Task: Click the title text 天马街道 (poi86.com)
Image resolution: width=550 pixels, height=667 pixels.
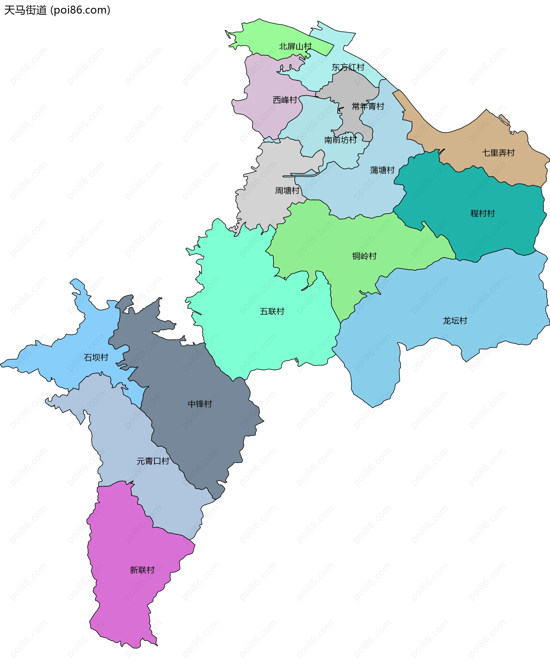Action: point(57,10)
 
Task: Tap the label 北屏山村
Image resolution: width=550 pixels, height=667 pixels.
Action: point(295,47)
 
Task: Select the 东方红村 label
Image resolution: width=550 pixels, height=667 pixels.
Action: point(348,67)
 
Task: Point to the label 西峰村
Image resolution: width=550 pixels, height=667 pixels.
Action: point(285,100)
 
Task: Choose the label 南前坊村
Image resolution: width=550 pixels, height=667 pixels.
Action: point(340,140)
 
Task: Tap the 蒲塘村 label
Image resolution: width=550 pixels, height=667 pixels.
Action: point(382,170)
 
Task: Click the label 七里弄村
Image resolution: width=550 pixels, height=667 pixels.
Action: point(498,153)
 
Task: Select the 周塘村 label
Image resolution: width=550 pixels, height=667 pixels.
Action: point(287,191)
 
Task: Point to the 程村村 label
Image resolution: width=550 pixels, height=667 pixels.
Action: point(482,213)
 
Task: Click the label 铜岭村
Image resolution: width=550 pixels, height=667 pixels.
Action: point(364,256)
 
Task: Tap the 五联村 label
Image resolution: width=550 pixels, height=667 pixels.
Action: point(272,311)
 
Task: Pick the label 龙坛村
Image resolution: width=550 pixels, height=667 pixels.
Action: point(455,321)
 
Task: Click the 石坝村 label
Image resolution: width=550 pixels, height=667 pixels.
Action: point(96,357)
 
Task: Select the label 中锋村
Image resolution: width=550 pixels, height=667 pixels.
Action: point(200,404)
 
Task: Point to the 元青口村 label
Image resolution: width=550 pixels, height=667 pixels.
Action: point(153,461)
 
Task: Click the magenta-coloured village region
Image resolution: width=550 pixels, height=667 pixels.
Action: point(127,602)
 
